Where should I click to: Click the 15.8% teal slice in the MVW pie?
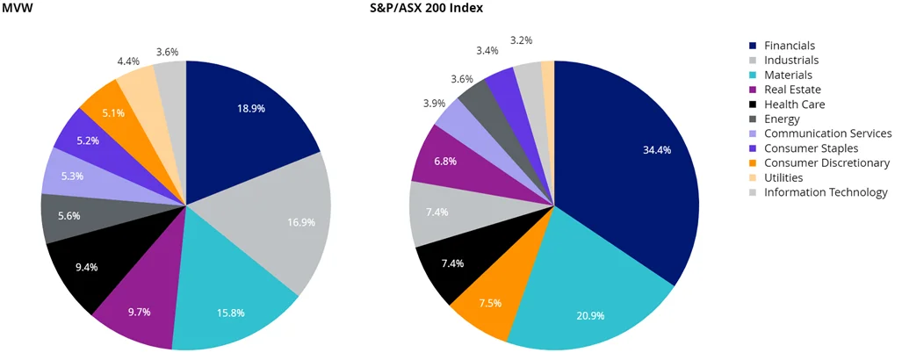[x=228, y=299]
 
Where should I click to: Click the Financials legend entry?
[x=790, y=46]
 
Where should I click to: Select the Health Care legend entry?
[x=794, y=104]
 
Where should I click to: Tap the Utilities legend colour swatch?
[x=753, y=177]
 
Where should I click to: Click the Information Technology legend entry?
[x=826, y=192]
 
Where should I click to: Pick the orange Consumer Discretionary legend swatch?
[x=753, y=163]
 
